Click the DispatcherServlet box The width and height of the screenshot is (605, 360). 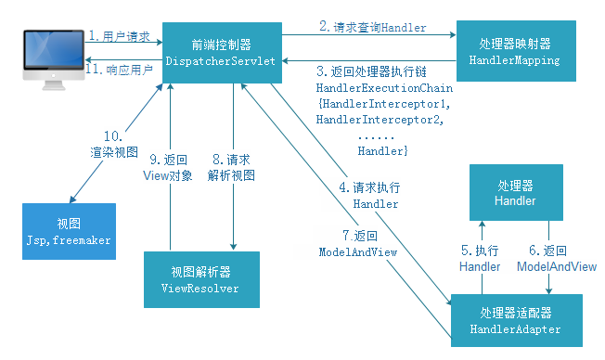point(222,52)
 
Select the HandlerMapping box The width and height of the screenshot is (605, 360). point(519,52)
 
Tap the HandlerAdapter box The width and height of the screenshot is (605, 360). point(516,321)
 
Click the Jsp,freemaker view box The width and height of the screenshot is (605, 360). point(67,231)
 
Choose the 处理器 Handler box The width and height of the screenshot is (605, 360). point(515,191)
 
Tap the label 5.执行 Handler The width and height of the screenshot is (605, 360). point(480,258)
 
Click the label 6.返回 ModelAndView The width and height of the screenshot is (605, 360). point(556,258)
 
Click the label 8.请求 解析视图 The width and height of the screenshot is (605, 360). point(231,166)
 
